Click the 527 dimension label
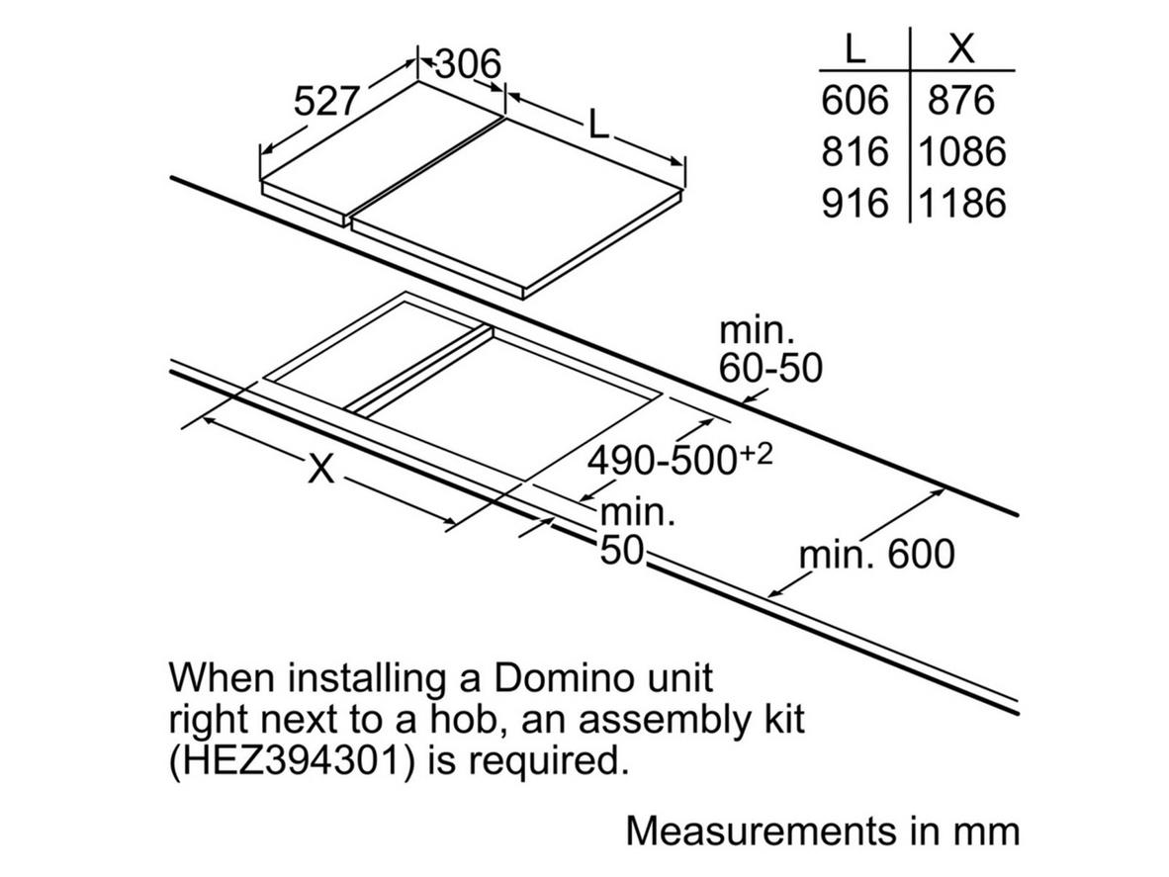click(x=327, y=101)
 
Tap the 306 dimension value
click(x=468, y=63)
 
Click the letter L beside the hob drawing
click(x=598, y=124)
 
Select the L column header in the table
click(x=855, y=49)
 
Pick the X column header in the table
click(x=961, y=49)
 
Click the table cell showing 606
click(x=855, y=100)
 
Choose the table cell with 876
click(x=961, y=100)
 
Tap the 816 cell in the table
click(x=855, y=151)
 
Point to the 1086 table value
click(x=961, y=151)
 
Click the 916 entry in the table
click(x=855, y=203)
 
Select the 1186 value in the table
click(x=961, y=203)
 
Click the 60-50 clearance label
click(x=770, y=368)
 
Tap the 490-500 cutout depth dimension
click(x=679, y=460)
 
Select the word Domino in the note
click(x=562, y=677)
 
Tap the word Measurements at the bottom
click(x=762, y=831)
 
